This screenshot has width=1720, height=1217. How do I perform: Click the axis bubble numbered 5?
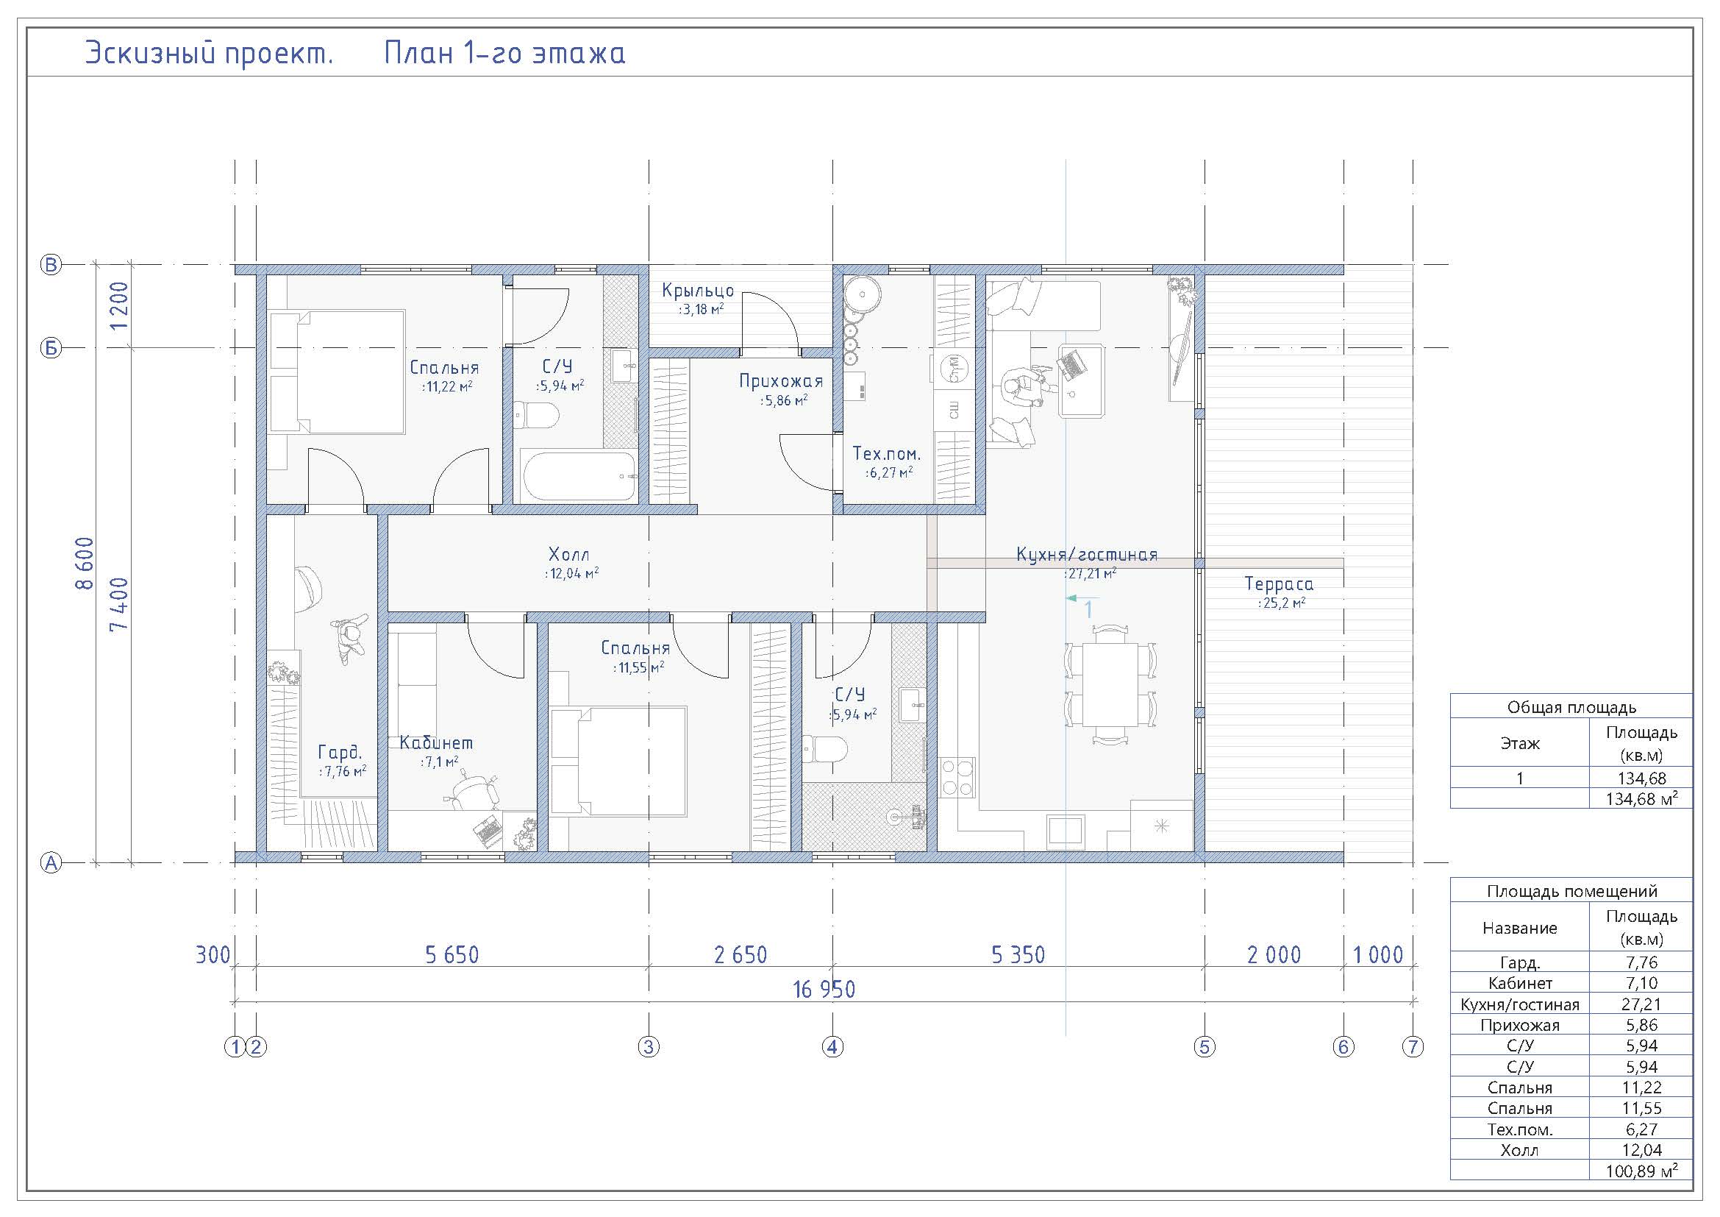[1205, 1047]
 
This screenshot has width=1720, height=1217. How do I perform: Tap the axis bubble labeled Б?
[51, 349]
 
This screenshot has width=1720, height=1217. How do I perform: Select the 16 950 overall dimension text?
[824, 990]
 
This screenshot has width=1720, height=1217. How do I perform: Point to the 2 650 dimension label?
[741, 955]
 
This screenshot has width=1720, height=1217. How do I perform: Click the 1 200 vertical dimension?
[119, 306]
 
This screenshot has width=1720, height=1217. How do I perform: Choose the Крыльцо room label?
[698, 291]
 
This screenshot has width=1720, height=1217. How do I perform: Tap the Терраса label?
[1280, 583]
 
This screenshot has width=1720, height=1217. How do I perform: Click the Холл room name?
[569, 555]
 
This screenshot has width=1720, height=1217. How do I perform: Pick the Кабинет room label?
[436, 742]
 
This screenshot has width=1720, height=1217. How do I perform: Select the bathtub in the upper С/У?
[578, 476]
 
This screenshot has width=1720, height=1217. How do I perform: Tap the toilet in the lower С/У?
[825, 748]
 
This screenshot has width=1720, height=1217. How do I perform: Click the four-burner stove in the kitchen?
[957, 777]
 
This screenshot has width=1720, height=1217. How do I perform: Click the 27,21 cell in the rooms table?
[1641, 1004]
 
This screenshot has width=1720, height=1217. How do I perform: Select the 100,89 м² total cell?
[1641, 1171]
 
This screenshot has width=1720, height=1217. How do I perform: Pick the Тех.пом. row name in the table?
[1519, 1129]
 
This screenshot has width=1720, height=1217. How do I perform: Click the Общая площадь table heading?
[1571, 707]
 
